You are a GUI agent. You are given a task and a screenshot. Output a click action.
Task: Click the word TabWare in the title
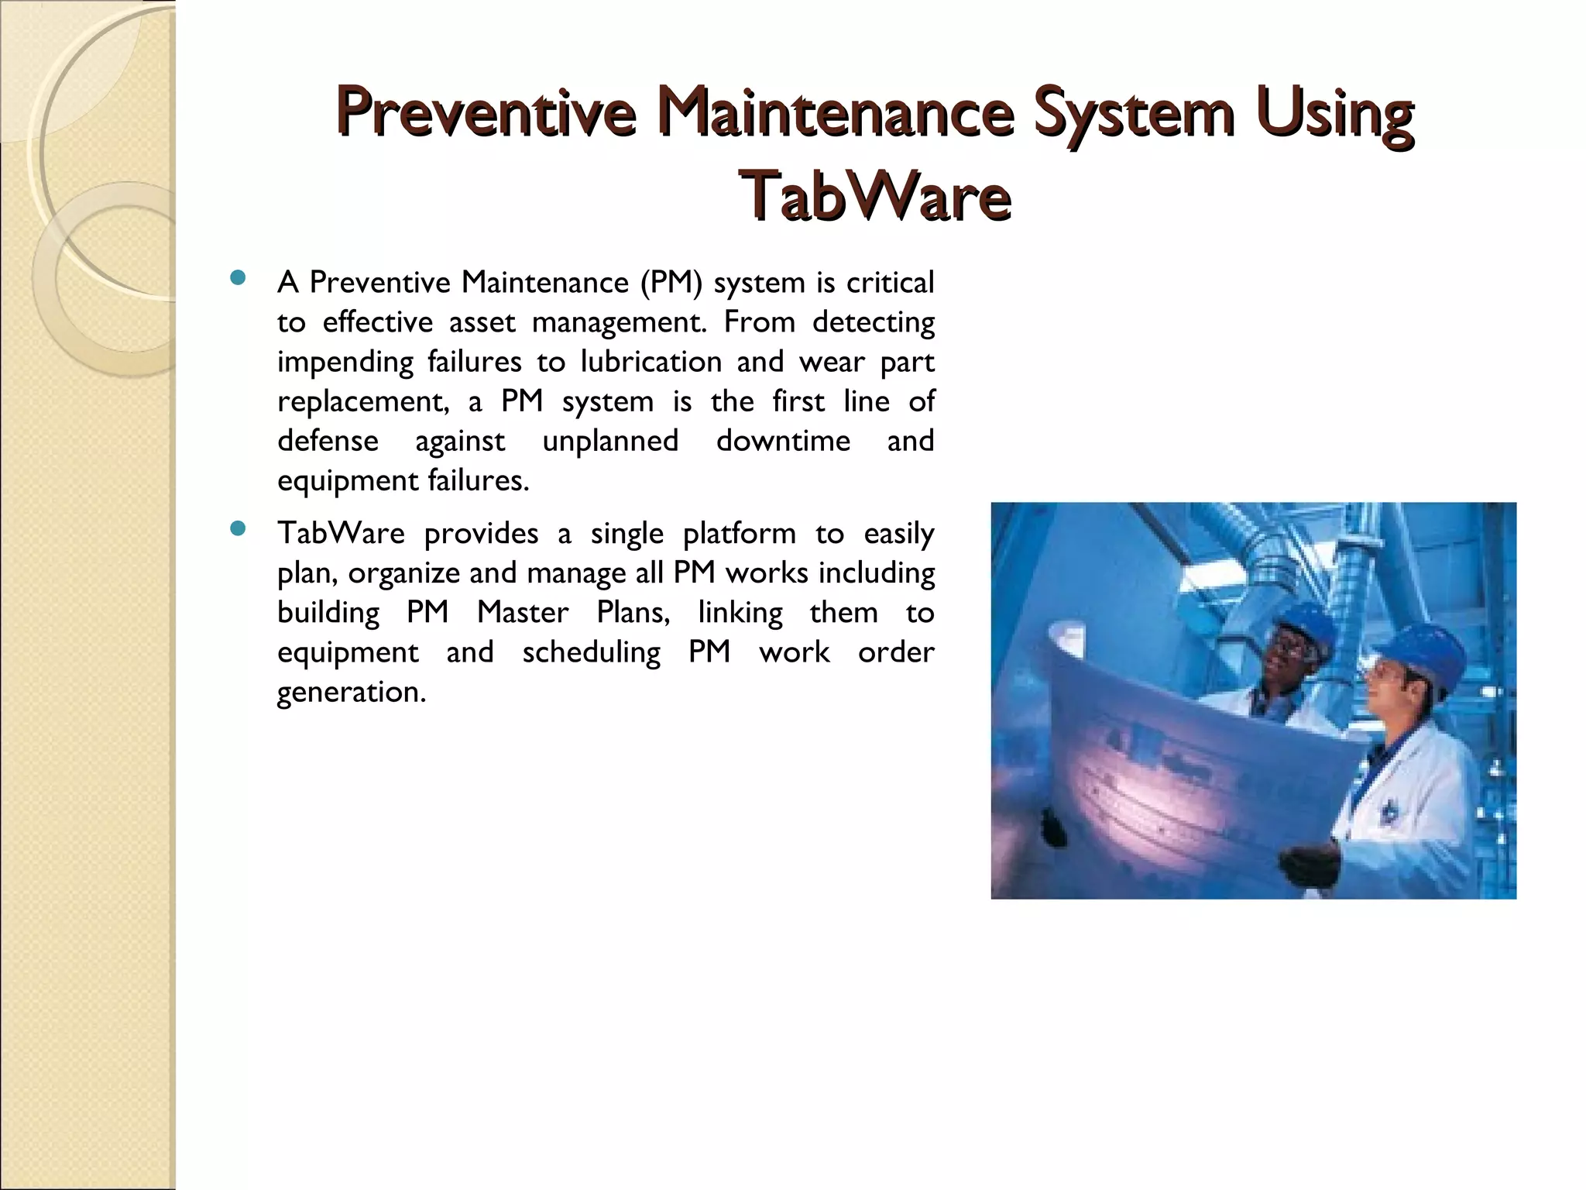pos(875,196)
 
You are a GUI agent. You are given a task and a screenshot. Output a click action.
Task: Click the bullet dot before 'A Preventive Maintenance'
pos(238,278)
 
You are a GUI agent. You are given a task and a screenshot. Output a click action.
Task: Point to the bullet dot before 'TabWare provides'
pos(238,529)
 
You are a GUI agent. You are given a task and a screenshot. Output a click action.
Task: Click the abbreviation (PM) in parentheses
pos(671,283)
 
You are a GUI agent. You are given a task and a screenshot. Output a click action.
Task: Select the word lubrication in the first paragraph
pos(651,362)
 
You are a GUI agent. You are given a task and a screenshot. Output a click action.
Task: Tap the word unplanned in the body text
pos(610,441)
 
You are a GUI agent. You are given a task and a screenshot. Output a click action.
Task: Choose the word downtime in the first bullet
pos(783,441)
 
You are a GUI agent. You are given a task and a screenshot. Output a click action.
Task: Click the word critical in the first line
pos(890,283)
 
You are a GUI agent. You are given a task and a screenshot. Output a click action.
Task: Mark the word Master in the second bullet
pos(522,613)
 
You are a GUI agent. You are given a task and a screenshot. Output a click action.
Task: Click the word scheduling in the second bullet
pos(591,652)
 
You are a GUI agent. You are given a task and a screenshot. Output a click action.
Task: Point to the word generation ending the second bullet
pos(351,692)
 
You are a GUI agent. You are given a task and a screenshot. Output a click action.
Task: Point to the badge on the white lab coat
pos(1388,810)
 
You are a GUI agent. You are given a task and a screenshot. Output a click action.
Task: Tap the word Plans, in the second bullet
pos(633,613)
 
